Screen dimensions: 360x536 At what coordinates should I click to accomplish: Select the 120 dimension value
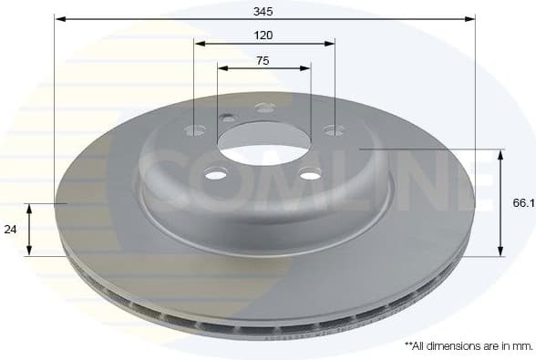(264, 35)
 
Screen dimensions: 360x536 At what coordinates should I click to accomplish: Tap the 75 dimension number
(263, 60)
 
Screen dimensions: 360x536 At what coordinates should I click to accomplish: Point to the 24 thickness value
(11, 230)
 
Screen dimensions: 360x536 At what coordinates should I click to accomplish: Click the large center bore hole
(263, 142)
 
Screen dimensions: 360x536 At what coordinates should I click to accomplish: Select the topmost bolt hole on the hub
(265, 108)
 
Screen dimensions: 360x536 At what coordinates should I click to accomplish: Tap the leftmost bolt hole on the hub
(195, 130)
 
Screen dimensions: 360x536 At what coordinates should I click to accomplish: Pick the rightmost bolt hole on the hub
(335, 130)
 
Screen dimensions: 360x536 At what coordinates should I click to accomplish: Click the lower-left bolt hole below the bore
(216, 173)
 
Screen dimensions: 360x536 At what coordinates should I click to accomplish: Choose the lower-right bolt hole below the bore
(311, 173)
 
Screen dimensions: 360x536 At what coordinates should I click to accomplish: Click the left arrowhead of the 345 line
(58, 18)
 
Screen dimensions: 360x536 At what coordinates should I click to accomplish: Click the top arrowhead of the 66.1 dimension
(500, 154)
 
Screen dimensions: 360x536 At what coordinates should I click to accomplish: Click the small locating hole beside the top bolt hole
(227, 117)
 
